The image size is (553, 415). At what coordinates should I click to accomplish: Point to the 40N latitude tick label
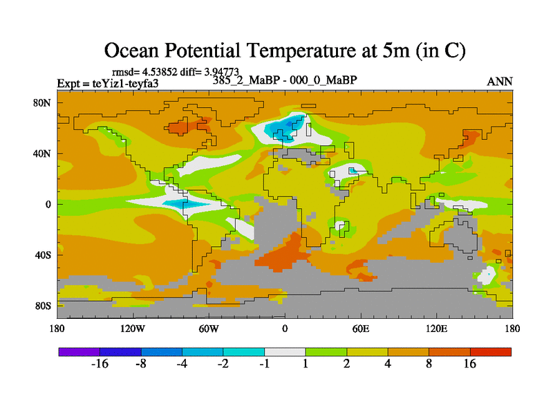point(43,154)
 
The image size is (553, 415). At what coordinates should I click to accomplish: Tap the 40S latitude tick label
point(43,255)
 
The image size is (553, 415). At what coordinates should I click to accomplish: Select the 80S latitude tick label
point(43,306)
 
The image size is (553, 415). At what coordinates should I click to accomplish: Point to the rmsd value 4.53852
point(161,71)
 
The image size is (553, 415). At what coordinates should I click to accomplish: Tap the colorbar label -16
point(100,365)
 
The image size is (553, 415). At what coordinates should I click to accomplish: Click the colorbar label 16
point(470,365)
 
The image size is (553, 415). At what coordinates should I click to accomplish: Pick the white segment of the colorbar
point(285,352)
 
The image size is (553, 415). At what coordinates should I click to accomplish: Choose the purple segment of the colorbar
point(79,352)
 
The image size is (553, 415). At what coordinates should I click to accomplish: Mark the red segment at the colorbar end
point(491,352)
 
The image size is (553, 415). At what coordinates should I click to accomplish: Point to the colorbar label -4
point(182,365)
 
